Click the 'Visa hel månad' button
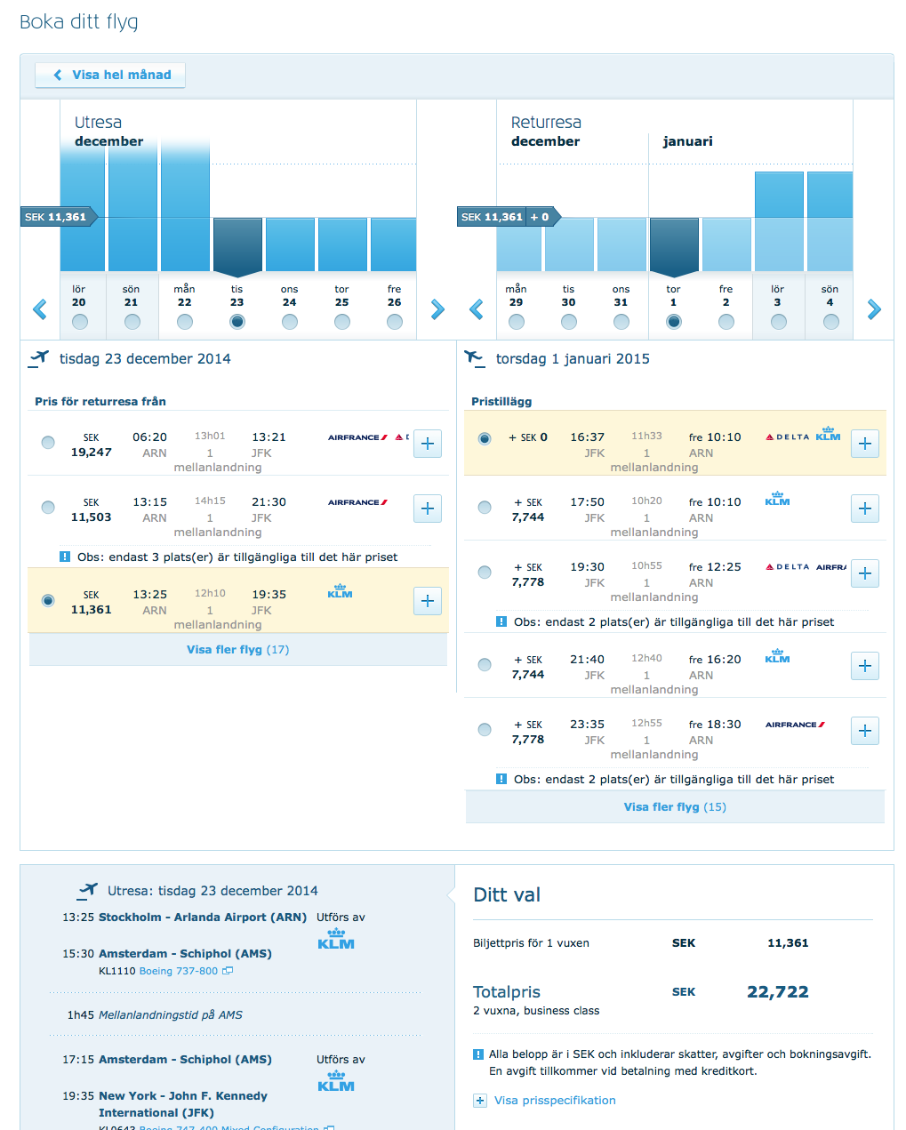(111, 76)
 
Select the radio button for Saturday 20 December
(80, 322)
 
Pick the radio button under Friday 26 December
(395, 322)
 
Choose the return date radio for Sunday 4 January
(830, 322)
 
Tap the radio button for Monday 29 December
(517, 322)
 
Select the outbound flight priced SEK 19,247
(48, 443)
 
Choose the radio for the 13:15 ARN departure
(48, 508)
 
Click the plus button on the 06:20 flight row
(428, 444)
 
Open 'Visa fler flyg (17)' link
(237, 650)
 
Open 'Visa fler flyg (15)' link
(675, 807)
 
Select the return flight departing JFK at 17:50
(485, 508)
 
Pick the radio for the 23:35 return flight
(485, 730)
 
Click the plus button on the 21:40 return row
(865, 666)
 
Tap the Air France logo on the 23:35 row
(795, 725)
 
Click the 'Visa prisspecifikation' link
(555, 1101)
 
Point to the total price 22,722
(778, 992)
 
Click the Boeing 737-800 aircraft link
(179, 971)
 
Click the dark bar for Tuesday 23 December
(237, 244)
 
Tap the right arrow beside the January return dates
(874, 309)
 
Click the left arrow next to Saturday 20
(39, 309)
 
